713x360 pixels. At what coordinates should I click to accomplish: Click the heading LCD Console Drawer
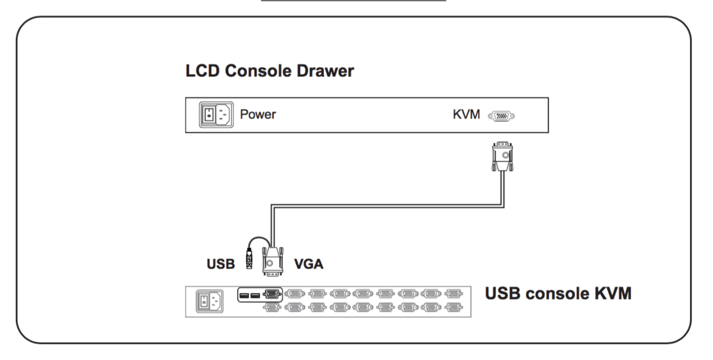270,71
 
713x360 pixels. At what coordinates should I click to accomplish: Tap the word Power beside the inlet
257,115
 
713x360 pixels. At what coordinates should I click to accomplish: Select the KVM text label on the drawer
466,115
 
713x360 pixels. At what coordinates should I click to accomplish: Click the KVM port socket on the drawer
502,116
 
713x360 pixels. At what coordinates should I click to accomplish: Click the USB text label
221,264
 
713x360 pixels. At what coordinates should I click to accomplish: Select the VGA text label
308,264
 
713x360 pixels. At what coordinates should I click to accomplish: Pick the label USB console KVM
558,293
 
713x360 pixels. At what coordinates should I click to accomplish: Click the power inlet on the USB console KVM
210,301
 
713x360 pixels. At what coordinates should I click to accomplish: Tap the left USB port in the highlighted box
244,295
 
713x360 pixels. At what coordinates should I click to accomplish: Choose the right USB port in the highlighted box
255,295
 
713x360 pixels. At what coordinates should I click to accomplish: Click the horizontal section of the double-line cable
387,206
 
